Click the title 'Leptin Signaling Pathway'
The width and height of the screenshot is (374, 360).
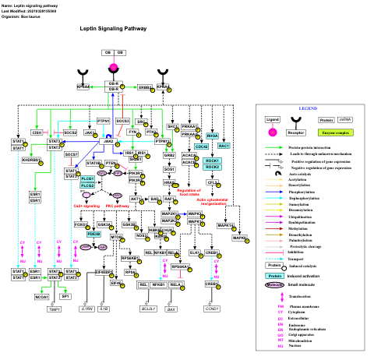point(113,29)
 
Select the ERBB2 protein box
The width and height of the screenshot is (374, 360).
point(145,88)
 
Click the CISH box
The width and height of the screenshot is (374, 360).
point(37,132)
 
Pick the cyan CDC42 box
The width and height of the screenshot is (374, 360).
point(201,146)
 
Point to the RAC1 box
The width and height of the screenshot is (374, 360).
point(224,146)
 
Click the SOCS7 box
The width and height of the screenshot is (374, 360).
point(71,154)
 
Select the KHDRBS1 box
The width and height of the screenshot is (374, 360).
point(31,160)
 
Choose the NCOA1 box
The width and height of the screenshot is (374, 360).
point(41,297)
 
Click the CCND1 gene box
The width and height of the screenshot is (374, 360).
point(212,309)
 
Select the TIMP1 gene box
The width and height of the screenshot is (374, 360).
point(54,309)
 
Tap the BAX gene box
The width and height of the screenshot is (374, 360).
point(171,309)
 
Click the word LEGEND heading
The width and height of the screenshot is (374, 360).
point(309,108)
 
